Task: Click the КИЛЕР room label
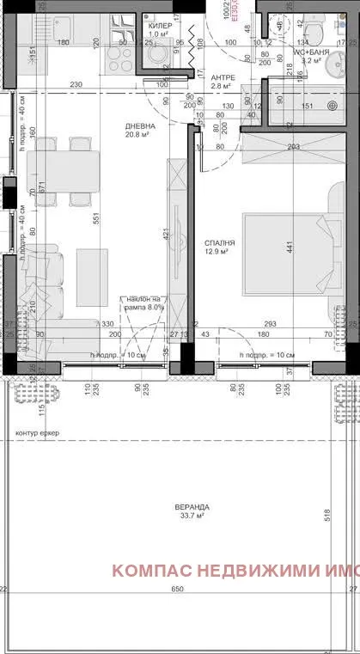(x=160, y=26)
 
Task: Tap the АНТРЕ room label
(x=223, y=76)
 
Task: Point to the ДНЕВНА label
(x=138, y=126)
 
